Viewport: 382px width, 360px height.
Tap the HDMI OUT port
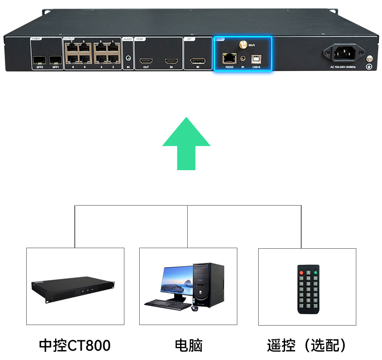(146, 59)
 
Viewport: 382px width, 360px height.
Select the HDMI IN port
(171, 59)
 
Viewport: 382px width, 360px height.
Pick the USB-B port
(256, 57)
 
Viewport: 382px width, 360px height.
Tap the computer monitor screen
(176, 281)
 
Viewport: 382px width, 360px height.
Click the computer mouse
(194, 308)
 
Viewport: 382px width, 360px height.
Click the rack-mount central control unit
(73, 289)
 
